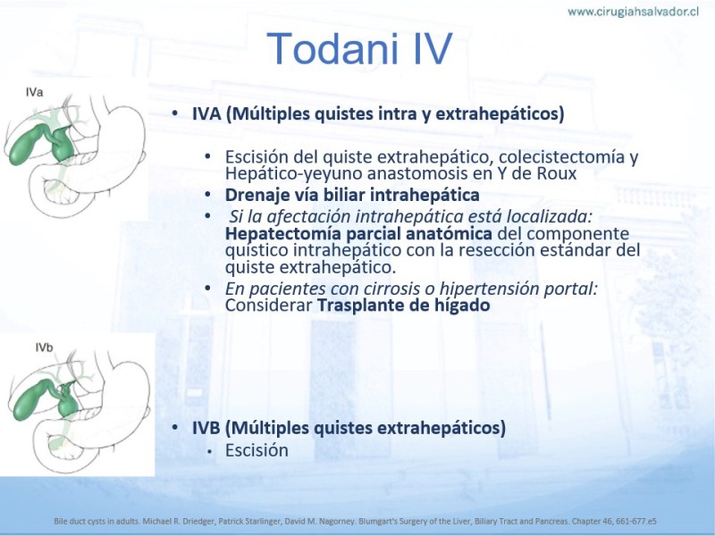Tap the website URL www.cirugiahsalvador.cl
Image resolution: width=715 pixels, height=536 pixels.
coord(633,12)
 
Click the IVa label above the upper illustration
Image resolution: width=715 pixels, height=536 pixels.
coord(34,93)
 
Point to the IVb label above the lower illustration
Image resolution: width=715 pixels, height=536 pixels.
coord(44,348)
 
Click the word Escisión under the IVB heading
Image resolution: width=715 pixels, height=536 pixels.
coord(257,450)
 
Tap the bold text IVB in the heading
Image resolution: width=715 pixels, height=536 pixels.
coord(206,428)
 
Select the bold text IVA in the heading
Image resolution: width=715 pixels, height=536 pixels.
coord(206,113)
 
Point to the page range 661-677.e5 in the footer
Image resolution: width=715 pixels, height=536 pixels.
coord(636,521)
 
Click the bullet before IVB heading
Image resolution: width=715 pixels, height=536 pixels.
coord(174,428)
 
